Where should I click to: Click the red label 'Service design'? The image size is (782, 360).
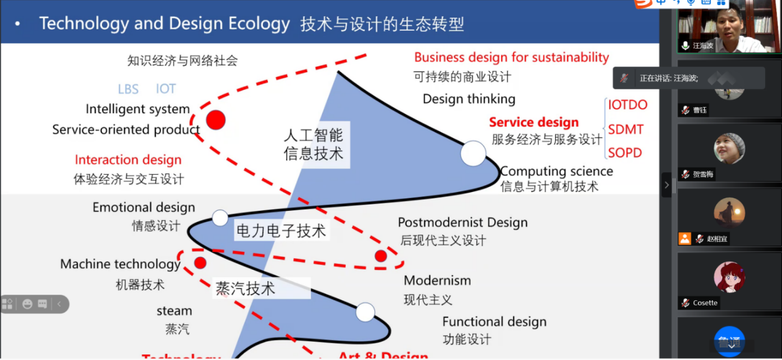pos(533,122)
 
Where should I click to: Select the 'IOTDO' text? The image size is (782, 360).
pos(627,105)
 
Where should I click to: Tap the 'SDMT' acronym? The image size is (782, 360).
pos(625,130)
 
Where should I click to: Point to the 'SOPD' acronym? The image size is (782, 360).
pos(625,153)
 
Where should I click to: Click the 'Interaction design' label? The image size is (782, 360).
pos(128,160)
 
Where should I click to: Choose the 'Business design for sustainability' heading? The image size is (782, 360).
pos(511,57)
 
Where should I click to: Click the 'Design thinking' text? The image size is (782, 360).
pos(469,99)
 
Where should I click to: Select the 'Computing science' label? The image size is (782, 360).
pos(556,171)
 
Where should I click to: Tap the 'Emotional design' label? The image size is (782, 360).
pos(144,208)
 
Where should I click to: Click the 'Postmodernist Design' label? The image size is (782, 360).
pos(462,223)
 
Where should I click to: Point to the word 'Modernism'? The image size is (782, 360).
pos(437,280)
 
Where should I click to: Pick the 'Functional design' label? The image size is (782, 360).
pos(494,321)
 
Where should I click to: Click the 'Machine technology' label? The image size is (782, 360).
pos(120,264)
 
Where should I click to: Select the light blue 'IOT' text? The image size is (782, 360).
pos(166,89)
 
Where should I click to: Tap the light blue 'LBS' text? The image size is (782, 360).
pos(128,89)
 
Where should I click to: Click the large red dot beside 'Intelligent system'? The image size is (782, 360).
pos(215,120)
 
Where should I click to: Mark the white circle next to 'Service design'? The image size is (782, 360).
pos(472,154)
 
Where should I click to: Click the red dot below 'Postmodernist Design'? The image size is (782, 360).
pos(380,256)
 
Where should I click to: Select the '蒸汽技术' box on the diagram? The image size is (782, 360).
pos(245,288)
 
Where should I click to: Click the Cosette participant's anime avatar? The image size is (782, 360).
pos(729,277)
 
